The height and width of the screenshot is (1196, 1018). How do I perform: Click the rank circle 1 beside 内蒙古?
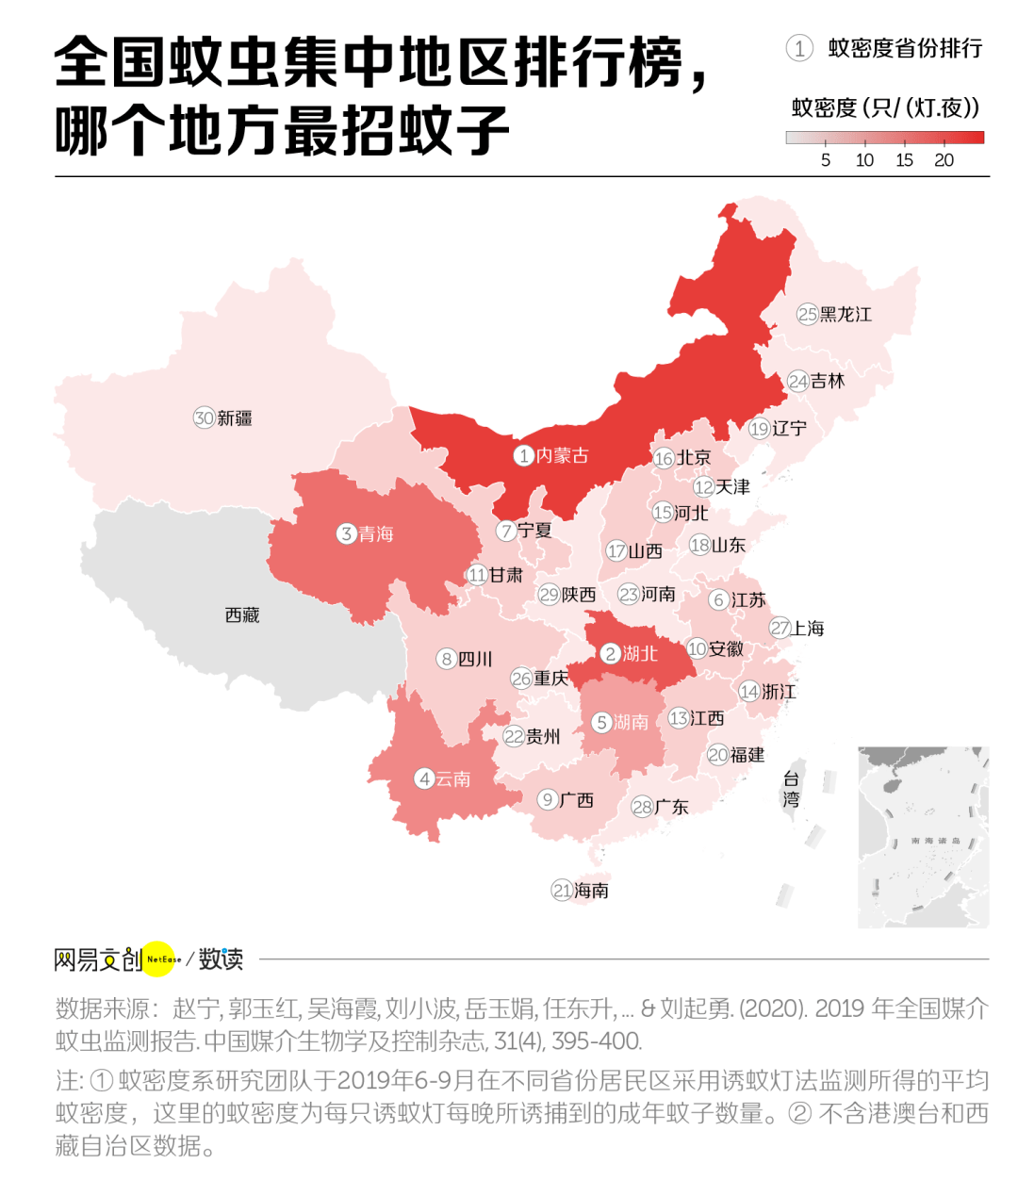click(524, 456)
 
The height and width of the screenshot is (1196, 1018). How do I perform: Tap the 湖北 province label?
click(640, 653)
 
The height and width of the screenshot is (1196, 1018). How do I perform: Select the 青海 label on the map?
click(376, 534)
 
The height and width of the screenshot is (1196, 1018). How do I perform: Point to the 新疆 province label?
click(235, 418)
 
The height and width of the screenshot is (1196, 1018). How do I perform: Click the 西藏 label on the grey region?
click(242, 615)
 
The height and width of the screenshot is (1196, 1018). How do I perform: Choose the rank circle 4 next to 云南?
click(425, 778)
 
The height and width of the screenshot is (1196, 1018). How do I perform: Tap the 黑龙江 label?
click(846, 315)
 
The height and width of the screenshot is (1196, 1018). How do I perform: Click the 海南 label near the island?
click(591, 891)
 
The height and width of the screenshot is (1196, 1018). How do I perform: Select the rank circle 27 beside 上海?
click(780, 629)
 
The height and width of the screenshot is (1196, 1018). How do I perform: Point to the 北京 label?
click(694, 458)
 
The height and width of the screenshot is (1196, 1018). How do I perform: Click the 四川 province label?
click(475, 659)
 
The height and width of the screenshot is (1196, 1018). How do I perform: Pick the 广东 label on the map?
click(672, 807)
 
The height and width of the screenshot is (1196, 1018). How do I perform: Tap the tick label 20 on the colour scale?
click(944, 160)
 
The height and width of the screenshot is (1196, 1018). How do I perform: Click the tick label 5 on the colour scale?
click(826, 160)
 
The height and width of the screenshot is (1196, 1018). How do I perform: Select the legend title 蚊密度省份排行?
click(905, 48)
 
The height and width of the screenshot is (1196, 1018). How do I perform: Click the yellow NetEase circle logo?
click(162, 959)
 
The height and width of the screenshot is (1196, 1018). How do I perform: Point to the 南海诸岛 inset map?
click(924, 837)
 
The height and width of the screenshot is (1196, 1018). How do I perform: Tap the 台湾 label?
click(791, 789)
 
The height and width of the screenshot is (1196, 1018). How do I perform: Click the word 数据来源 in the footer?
click(102, 1008)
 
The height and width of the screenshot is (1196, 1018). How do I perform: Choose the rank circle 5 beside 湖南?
click(601, 723)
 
